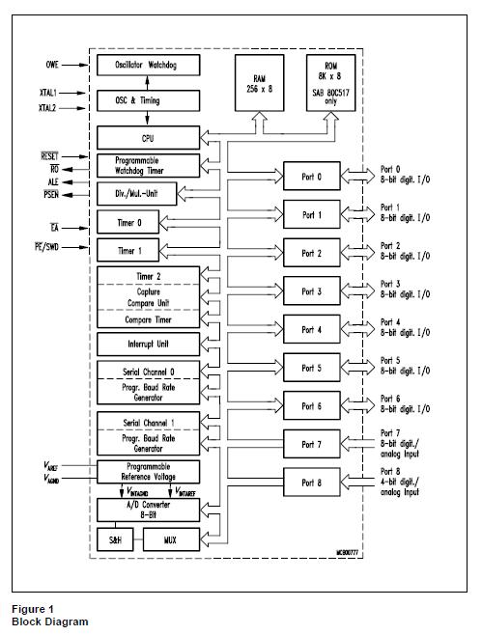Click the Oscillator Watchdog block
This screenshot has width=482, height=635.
pos(149,65)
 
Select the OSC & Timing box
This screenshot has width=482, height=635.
pos(149,100)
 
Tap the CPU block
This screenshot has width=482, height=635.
pos(149,138)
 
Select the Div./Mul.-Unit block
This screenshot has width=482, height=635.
pos(149,193)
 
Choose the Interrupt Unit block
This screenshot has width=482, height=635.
pos(149,344)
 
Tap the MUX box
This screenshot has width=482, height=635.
pos(170,538)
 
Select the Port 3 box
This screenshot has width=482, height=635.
pos(312,291)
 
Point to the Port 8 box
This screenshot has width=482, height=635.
pos(312,482)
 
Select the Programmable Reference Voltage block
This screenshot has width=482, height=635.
pos(149,471)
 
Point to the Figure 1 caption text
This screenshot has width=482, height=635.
pos(34,609)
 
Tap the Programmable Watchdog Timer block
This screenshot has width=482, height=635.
pos(149,164)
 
